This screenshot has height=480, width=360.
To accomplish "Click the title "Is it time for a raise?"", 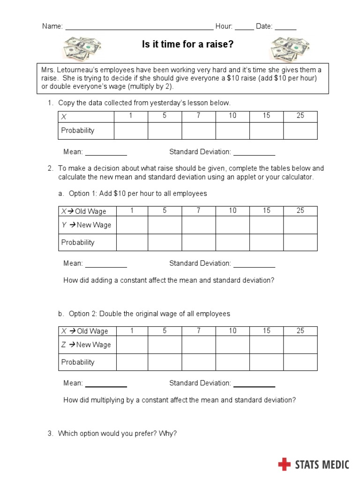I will [187, 45].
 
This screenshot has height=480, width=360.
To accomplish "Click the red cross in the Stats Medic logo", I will [284, 465].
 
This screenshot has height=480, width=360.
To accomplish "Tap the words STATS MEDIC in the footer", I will [322, 465].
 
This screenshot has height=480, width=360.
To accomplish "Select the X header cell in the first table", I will [86, 117].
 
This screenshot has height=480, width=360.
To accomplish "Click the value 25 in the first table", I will [300, 116].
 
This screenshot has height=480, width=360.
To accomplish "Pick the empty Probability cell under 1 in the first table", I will [131, 131].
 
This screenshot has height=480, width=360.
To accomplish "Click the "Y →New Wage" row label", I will [86, 225].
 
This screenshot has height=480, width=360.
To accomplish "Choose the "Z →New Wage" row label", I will [86, 345].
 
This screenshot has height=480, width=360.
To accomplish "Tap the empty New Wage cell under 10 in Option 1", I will [233, 225].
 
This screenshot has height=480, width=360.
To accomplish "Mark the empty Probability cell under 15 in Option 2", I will [267, 362].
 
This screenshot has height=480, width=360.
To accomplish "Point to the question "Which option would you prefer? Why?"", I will [117, 434].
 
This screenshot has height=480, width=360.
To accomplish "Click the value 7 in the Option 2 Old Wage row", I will [199, 331].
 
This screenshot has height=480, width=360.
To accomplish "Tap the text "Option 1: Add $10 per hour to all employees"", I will [137, 194].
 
